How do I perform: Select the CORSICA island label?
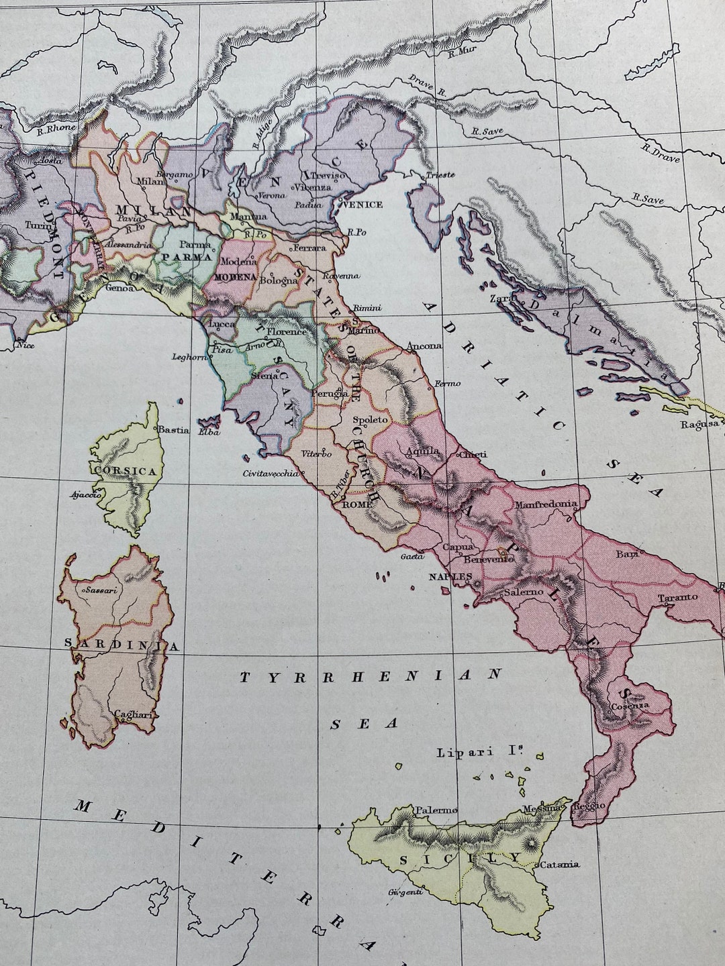pos(126,471)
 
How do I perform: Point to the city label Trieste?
pos(440,174)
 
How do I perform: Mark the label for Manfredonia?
pos(544,503)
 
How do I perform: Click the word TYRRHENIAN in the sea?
pos(371,676)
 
